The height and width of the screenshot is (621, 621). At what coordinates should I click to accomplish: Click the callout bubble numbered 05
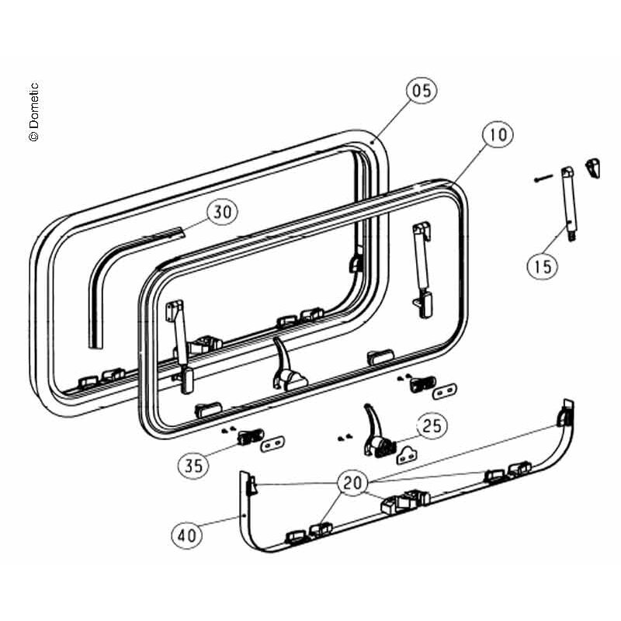[x=422, y=90]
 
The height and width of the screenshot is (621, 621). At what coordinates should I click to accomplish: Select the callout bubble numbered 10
[x=498, y=134]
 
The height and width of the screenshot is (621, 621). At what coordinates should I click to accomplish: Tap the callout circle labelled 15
[x=542, y=265]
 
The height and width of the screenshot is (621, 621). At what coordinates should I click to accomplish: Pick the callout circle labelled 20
[x=352, y=482]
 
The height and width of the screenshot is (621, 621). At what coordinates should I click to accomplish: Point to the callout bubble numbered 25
[x=432, y=425]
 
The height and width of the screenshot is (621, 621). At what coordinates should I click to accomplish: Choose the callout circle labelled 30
[x=222, y=211]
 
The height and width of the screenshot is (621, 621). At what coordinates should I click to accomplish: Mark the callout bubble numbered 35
[x=193, y=465]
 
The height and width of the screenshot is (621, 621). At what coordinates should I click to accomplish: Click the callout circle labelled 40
[x=186, y=535]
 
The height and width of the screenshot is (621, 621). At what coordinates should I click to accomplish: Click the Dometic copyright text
[x=34, y=112]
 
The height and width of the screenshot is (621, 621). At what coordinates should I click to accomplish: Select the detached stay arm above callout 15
[x=569, y=203]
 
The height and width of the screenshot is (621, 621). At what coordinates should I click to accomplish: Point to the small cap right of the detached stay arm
[x=592, y=168]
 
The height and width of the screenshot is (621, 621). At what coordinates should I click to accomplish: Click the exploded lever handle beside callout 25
[x=377, y=432]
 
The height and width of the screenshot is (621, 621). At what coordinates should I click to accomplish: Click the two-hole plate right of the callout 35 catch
[x=272, y=444]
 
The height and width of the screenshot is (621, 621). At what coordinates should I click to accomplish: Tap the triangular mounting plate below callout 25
[x=408, y=455]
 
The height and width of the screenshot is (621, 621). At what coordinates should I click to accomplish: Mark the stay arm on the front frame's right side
[x=422, y=269]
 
